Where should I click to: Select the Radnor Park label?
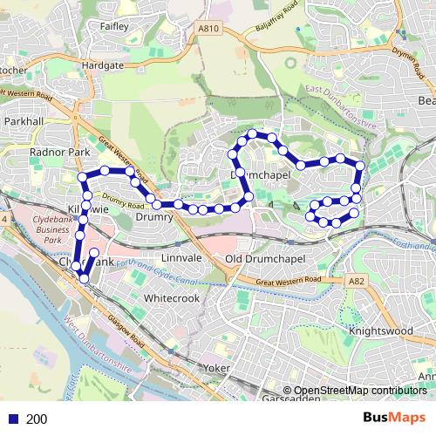coord(60,152)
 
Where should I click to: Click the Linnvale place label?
coord(182,260)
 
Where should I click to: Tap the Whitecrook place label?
coord(172,298)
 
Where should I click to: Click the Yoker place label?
coord(215,368)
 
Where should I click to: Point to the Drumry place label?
coord(155,217)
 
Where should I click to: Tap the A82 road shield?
coord(356,282)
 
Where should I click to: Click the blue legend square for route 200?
coord(12,419)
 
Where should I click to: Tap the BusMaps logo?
coord(395,419)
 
